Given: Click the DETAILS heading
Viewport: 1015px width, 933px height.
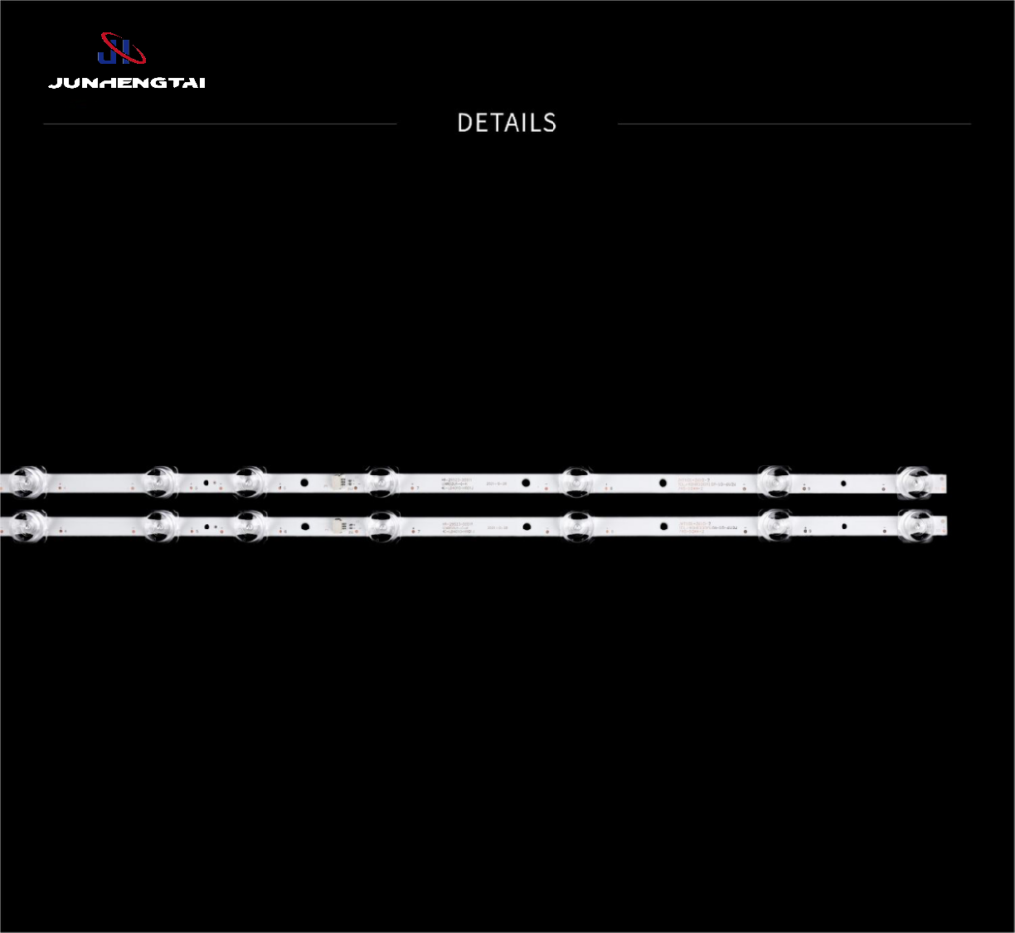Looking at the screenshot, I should (x=507, y=123).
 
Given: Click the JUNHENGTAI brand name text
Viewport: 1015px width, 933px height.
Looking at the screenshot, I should (x=126, y=83).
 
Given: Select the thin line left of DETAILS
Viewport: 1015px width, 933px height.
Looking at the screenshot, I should (x=220, y=124).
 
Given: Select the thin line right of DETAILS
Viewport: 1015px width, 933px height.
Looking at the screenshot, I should (x=794, y=124).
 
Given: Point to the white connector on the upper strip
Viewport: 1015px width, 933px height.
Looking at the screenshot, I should (x=339, y=482).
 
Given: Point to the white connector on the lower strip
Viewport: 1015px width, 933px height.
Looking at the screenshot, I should (x=339, y=525).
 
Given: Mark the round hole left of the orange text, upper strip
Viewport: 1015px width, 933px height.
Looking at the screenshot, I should (x=662, y=483).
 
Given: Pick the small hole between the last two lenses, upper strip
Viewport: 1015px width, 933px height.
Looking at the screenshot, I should (x=843, y=483).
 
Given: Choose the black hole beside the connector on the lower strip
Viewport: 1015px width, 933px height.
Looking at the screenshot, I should (x=304, y=525).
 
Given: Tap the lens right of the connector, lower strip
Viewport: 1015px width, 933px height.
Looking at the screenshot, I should (x=381, y=525).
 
